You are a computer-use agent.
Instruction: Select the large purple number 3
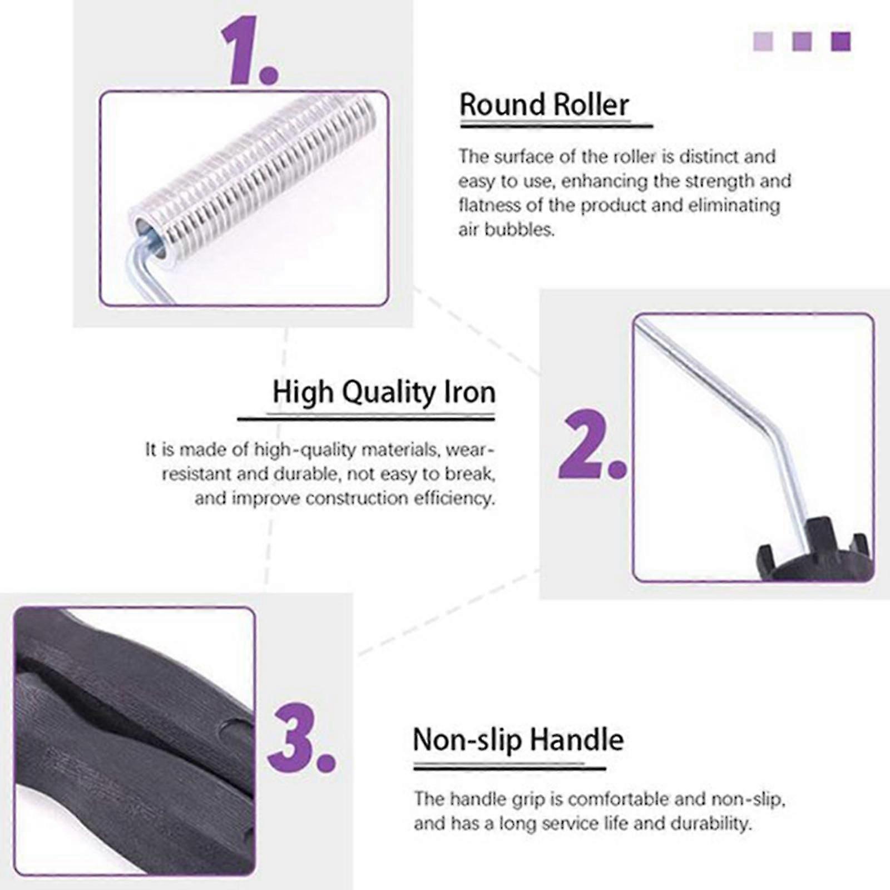(x=301, y=738)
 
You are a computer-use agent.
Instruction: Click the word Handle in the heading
(x=576, y=740)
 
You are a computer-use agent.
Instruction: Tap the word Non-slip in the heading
(x=467, y=741)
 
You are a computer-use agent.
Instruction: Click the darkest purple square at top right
(x=840, y=42)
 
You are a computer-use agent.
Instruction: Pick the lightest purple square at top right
(x=763, y=42)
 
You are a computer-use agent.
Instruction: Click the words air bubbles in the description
(x=506, y=229)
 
